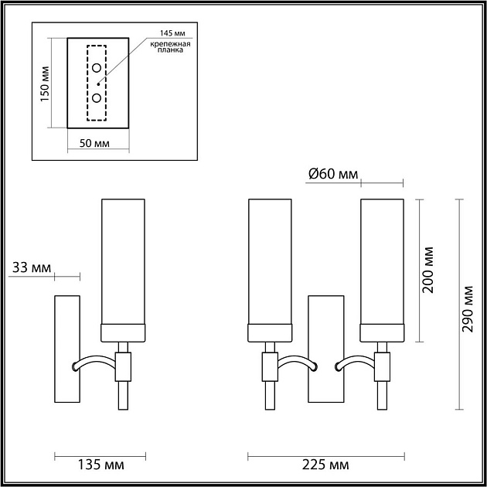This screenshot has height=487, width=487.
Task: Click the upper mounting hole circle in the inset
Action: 97,69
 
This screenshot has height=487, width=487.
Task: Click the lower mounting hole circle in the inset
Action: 97,97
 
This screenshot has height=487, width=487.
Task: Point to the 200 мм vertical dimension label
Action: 430,271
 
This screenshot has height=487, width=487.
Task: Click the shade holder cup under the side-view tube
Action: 124,332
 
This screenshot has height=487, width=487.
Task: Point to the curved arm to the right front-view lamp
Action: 354,360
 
